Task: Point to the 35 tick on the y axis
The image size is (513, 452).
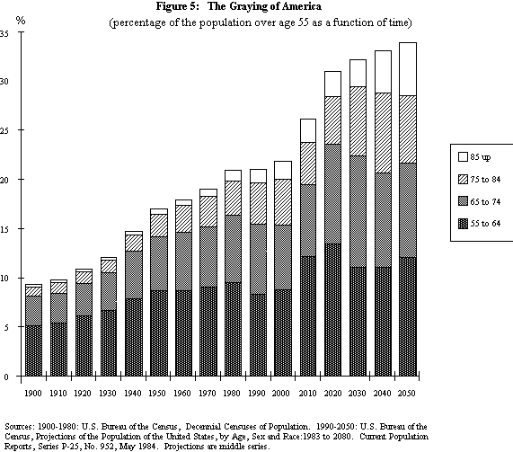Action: click(x=5, y=33)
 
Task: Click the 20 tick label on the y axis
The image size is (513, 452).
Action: click(x=5, y=180)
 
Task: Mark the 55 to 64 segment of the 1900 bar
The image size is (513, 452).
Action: click(x=33, y=350)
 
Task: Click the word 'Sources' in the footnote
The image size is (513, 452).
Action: click(x=20, y=426)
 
